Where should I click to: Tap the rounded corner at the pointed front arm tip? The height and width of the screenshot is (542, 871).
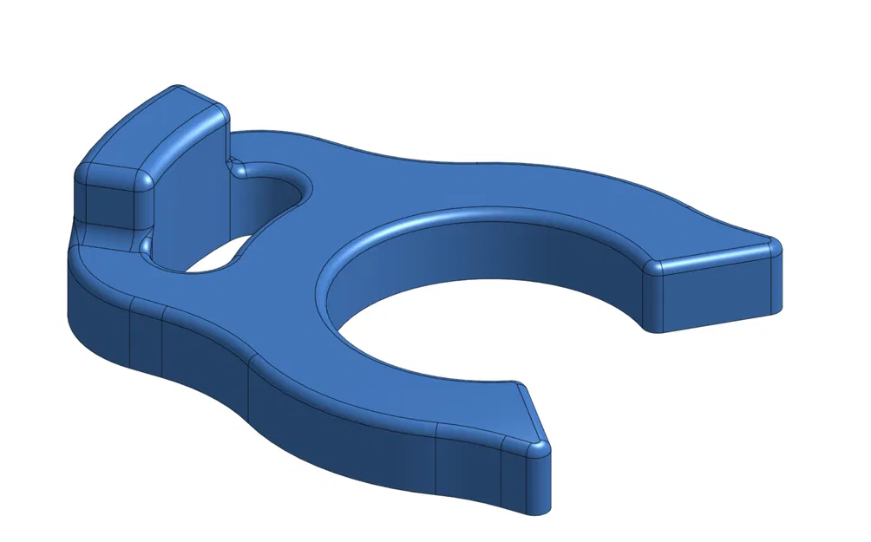pos(539,447)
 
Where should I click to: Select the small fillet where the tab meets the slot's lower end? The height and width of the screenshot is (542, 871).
pos(144,248)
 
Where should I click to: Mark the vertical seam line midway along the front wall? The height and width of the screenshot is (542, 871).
pos(250,390)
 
